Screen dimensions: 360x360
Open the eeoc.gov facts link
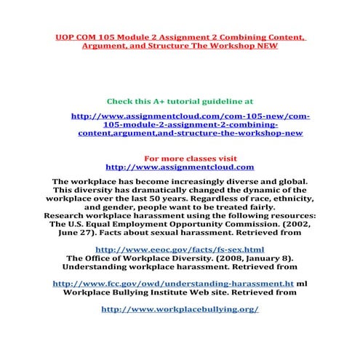click(x=180, y=249)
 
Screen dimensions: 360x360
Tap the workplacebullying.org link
click(x=180, y=308)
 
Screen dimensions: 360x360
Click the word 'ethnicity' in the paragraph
click(x=288, y=198)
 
